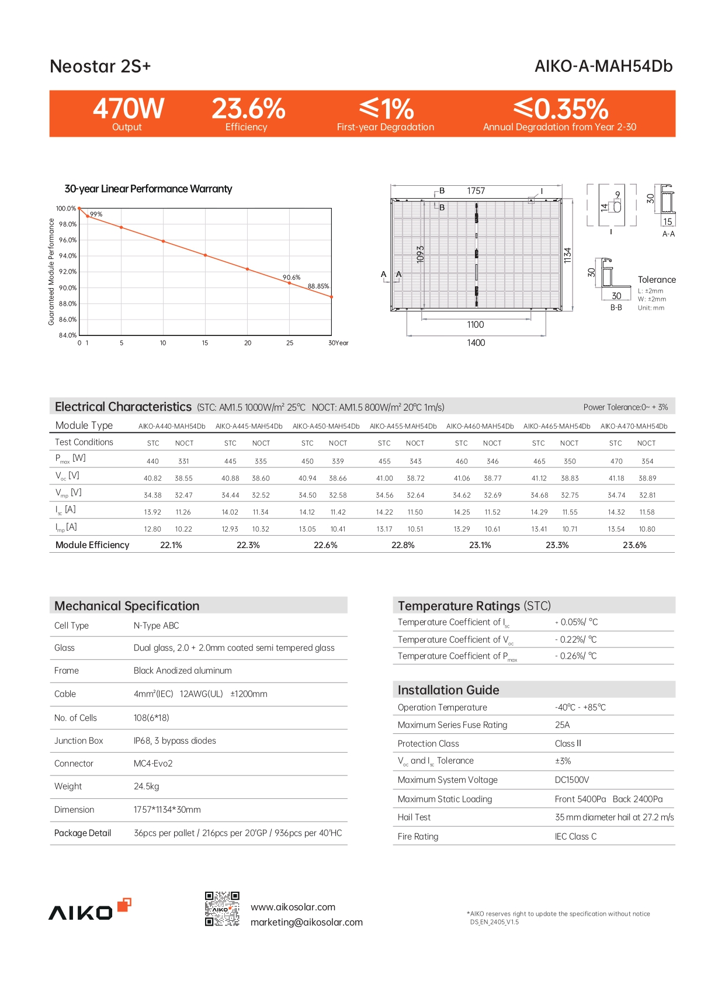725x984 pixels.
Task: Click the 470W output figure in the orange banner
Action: coord(129,109)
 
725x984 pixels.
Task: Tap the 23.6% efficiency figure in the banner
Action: coord(248,109)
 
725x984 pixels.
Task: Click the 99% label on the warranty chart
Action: coord(96,214)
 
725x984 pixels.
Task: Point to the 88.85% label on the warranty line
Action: coord(318,286)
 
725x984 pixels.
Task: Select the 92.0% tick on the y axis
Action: coord(67,272)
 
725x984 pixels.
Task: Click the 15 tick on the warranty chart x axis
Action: coord(205,343)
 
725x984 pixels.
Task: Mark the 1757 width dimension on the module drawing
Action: coord(476,191)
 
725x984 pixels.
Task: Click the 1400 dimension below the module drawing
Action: coord(476,343)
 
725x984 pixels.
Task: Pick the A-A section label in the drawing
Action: coord(668,234)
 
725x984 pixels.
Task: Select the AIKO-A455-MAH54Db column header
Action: coord(403,427)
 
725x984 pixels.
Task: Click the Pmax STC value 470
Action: coord(616,462)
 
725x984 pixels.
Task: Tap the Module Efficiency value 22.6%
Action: coord(325,545)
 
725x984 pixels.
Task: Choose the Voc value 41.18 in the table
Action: coord(616,479)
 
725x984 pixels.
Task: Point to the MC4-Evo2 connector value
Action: coord(153,764)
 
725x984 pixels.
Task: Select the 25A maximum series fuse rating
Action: coord(562,725)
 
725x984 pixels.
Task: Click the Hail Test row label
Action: coord(414,817)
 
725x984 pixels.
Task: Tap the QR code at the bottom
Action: coord(222,909)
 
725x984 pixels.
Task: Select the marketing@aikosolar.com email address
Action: coord(307,923)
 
